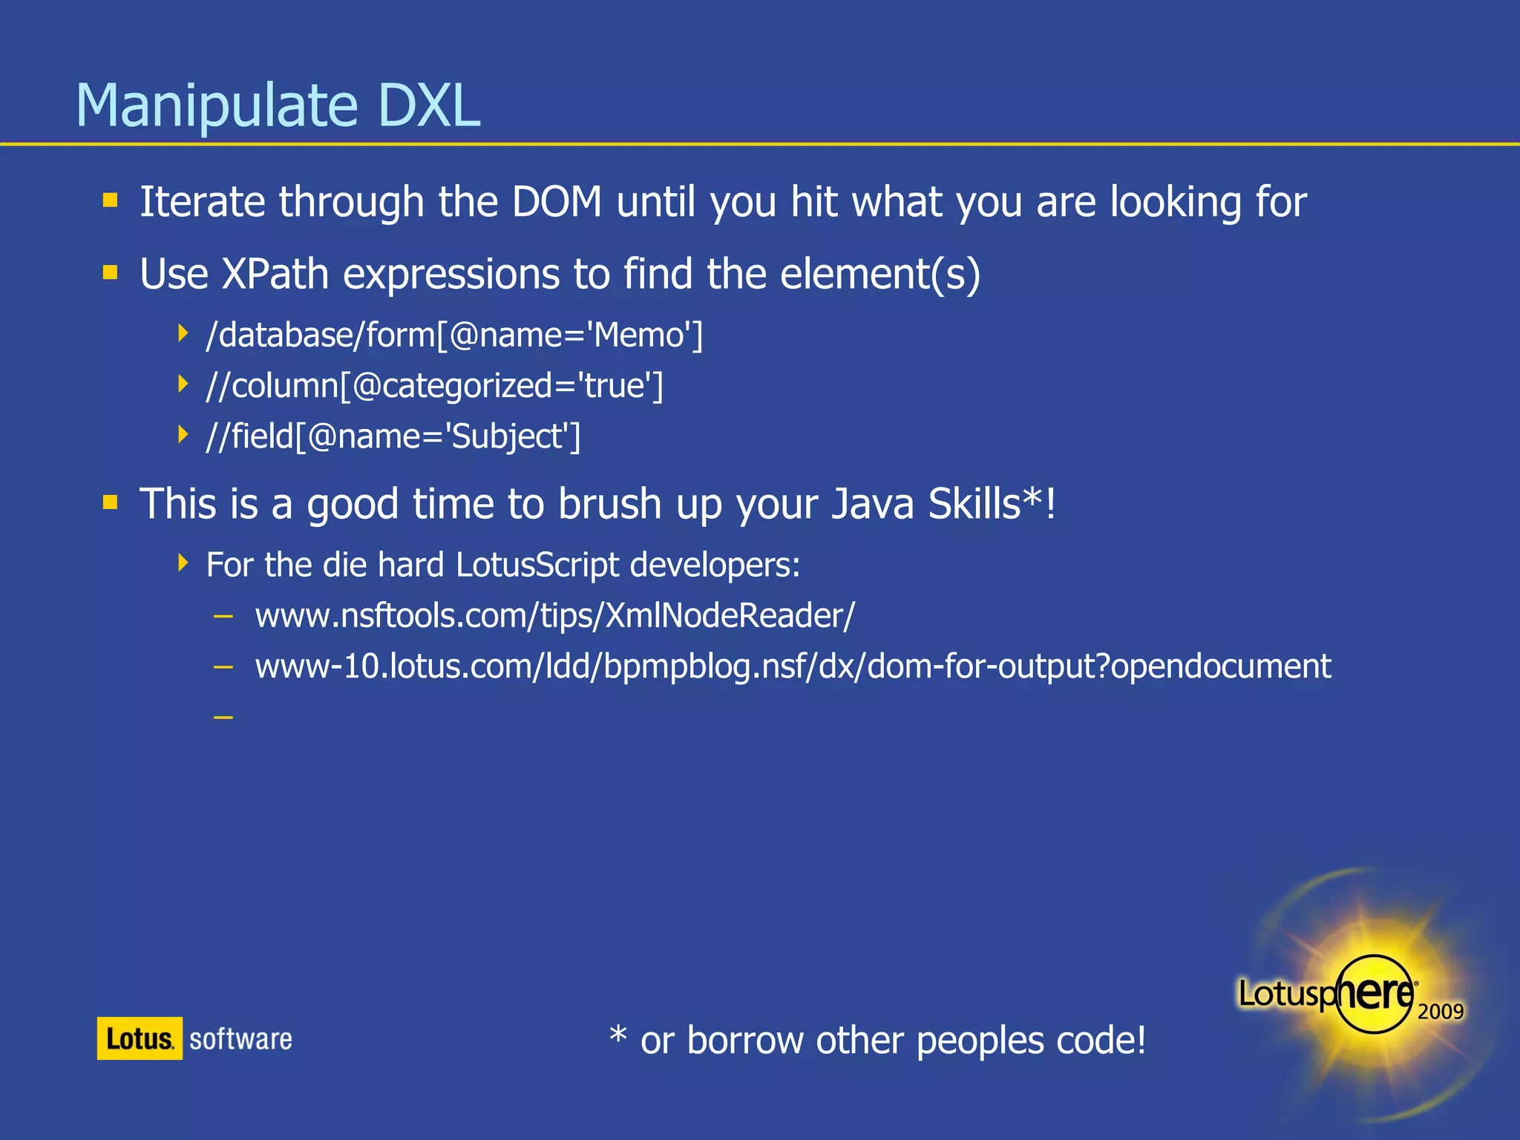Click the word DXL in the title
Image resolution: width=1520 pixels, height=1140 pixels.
click(x=428, y=105)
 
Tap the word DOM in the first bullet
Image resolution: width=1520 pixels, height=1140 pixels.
click(x=557, y=202)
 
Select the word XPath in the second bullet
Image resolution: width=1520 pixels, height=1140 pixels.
click(x=275, y=274)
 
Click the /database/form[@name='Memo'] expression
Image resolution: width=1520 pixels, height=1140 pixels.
click(x=454, y=335)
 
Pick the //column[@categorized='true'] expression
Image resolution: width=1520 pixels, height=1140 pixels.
click(x=434, y=386)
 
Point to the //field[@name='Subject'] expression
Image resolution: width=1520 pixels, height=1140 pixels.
click(x=393, y=436)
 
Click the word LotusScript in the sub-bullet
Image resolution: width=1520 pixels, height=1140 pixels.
click(x=537, y=565)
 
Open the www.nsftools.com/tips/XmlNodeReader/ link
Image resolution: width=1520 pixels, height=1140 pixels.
click(x=554, y=616)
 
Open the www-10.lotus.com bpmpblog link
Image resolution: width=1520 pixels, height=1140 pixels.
click(x=793, y=666)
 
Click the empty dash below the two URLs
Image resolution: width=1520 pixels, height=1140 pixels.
click(x=223, y=717)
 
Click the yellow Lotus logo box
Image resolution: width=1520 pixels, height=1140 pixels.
click(x=140, y=1038)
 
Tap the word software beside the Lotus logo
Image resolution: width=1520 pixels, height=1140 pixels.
click(x=240, y=1039)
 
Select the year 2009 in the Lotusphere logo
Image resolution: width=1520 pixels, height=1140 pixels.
click(x=1440, y=1012)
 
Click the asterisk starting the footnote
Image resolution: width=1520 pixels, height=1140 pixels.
click(x=617, y=1034)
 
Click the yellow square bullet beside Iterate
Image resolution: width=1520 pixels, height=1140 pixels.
click(x=111, y=200)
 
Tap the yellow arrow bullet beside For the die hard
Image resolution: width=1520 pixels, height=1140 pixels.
click(x=183, y=563)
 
